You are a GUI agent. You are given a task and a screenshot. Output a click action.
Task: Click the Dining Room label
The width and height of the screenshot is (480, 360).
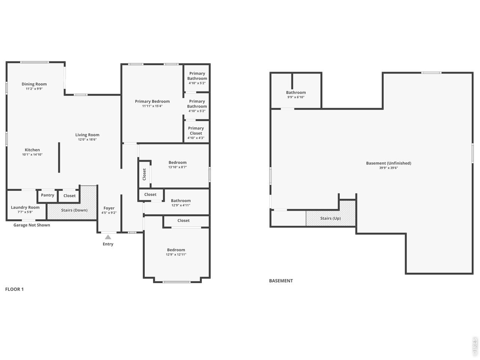tap(34, 84)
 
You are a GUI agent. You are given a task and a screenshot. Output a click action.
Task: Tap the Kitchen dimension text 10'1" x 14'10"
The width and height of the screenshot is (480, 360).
tap(32, 154)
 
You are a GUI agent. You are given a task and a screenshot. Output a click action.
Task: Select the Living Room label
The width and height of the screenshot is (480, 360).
tap(87, 135)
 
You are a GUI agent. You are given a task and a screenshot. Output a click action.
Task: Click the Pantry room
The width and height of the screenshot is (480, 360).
tap(48, 196)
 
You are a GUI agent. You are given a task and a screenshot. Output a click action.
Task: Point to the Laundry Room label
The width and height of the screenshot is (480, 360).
tap(25, 207)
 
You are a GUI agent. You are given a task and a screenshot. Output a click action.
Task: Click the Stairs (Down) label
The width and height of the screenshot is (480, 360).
tap(74, 210)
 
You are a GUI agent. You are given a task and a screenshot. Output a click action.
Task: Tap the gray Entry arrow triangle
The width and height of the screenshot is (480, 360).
tap(108, 237)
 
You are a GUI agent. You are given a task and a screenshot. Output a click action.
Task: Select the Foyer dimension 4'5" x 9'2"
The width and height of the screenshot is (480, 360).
tap(109, 213)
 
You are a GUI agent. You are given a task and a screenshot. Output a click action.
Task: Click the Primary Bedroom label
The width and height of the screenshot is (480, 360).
tap(152, 101)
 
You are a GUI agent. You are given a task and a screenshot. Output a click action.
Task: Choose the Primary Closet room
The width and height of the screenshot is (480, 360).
tap(196, 132)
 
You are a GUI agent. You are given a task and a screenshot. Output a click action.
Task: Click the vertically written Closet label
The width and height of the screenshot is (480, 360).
tap(144, 174)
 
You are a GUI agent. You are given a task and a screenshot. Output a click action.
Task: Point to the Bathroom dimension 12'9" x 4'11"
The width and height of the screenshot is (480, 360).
tap(181, 205)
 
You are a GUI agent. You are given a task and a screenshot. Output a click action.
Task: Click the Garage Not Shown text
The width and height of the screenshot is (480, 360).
tap(32, 225)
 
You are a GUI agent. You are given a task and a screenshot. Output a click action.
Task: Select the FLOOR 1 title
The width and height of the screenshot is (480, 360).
tap(14, 289)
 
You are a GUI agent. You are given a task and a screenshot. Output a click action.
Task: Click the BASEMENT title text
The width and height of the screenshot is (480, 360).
tap(281, 281)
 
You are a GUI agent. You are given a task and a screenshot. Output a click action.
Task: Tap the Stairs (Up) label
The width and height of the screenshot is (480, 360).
tap(330, 218)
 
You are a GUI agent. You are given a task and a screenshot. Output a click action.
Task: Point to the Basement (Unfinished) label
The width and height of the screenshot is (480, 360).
tap(388, 163)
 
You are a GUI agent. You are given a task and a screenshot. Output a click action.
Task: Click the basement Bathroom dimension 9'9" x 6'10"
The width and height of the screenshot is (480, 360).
tap(296, 97)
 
